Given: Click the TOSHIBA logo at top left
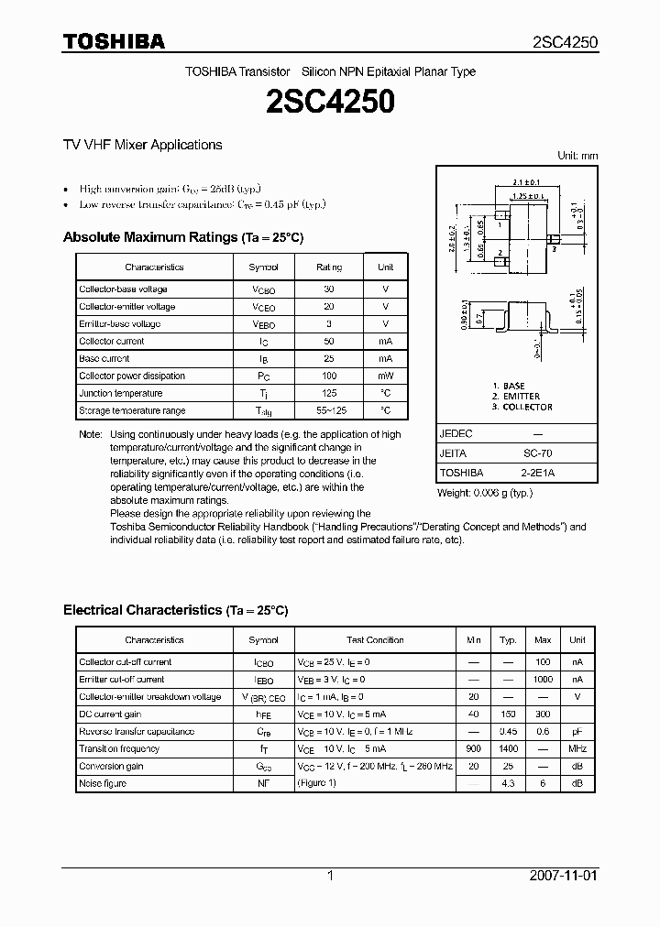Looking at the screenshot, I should (x=114, y=41).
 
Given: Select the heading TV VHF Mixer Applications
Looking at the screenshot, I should (x=142, y=145).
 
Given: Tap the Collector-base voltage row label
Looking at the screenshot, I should (x=123, y=289).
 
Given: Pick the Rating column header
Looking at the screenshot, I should (x=329, y=267).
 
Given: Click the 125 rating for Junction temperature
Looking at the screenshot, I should (x=329, y=393).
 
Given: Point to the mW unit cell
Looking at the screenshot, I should (x=385, y=376).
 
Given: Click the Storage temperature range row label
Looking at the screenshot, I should (x=132, y=410).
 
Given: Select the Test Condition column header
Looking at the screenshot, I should (x=374, y=640).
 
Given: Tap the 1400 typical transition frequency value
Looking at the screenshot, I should (x=508, y=748).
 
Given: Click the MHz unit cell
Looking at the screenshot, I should (x=577, y=748).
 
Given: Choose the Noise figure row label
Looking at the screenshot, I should (x=103, y=783).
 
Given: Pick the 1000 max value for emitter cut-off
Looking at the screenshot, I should (x=543, y=680).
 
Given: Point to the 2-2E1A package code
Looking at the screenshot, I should (x=537, y=473).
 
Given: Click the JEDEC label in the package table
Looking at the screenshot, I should (x=456, y=433).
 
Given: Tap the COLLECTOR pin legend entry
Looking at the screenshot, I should (x=522, y=407).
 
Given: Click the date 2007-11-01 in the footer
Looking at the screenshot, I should (x=563, y=876).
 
